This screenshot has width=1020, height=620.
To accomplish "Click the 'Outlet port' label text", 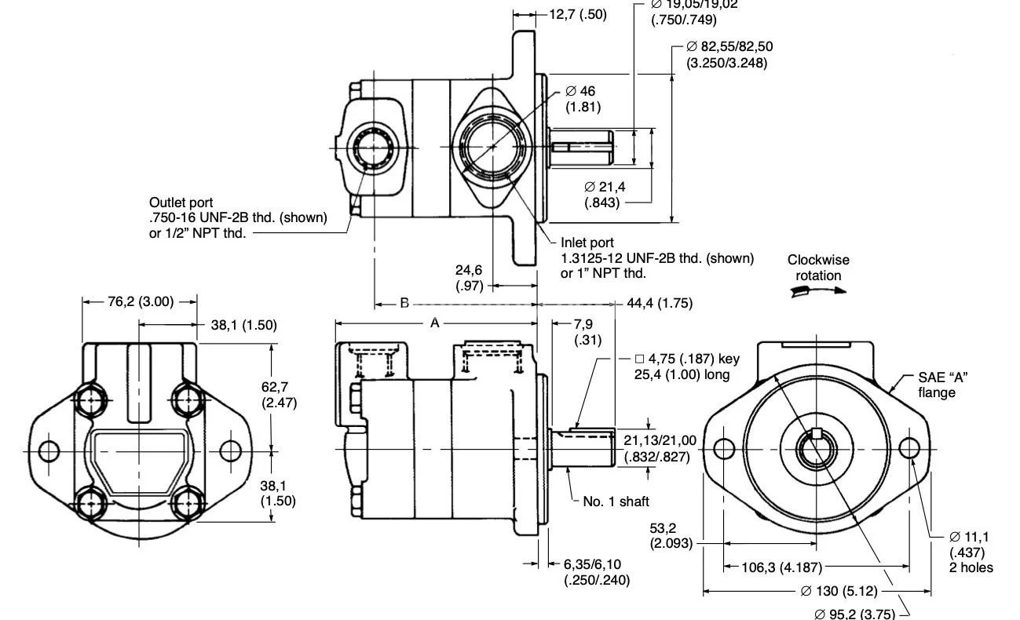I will point(181,202).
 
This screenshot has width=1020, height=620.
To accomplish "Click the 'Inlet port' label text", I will point(587,243).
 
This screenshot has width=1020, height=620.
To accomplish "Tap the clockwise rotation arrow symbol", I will point(818,290).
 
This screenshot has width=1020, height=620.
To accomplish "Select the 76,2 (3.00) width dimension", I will point(140,301).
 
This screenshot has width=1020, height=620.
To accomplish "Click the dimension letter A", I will point(434,323).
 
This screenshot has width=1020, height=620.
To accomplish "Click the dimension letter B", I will point(404,303).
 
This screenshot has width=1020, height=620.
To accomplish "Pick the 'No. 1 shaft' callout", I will point(616,501).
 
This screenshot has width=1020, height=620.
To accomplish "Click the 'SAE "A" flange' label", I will point(942,385).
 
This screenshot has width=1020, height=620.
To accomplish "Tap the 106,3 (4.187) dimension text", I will point(773,567).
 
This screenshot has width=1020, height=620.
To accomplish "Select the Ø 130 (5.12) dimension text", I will point(839,591).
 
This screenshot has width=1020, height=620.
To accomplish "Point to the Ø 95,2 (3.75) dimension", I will point(855,613).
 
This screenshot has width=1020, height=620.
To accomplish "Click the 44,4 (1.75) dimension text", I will point(659,303).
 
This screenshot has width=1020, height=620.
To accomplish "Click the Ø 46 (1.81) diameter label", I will point(580,98).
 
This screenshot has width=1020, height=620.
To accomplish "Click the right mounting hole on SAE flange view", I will point(908,448).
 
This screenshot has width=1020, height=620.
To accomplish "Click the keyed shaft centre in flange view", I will point(817,449).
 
